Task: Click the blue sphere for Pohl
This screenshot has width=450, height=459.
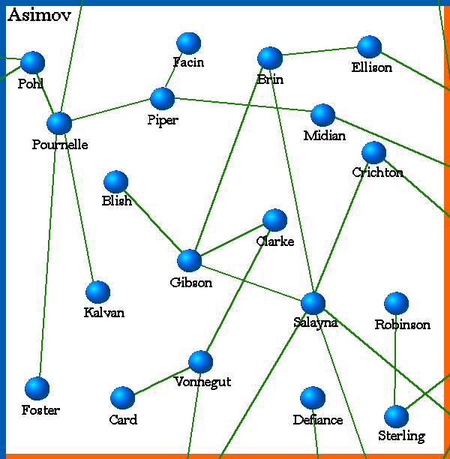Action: [x=32, y=62]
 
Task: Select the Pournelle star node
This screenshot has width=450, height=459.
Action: [x=58, y=123]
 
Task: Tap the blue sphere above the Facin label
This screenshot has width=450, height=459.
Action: [x=188, y=43]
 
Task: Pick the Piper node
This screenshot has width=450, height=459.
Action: [x=162, y=98]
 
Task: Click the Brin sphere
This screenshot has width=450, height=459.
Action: [x=269, y=58]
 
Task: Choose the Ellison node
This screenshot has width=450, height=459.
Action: [x=369, y=46]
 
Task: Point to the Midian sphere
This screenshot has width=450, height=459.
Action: [x=322, y=115]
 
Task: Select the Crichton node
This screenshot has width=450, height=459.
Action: [x=373, y=152]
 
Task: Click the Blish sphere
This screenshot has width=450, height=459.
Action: [x=115, y=181]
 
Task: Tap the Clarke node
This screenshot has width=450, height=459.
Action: [x=274, y=220]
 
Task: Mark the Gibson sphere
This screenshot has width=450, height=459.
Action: [x=189, y=260]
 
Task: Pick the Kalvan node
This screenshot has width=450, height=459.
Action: [x=97, y=292]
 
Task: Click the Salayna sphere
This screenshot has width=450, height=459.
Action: [x=313, y=303]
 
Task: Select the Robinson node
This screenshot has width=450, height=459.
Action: [x=396, y=303]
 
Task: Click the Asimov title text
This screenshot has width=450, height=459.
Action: [x=39, y=16]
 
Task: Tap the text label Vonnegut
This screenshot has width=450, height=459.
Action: [x=202, y=382]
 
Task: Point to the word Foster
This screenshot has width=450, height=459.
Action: [x=40, y=410]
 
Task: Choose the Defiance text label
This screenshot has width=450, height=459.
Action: [x=317, y=420]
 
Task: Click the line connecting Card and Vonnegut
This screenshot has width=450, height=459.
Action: [x=161, y=379]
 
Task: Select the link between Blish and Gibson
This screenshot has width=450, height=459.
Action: [x=153, y=221]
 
